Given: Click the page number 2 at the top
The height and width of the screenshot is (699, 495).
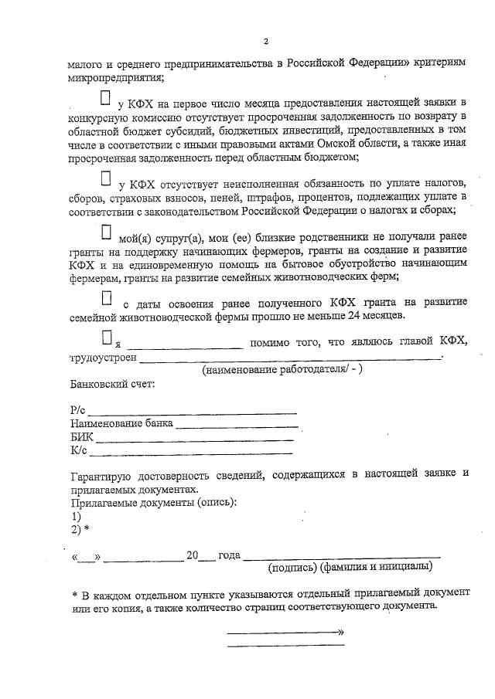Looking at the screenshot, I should [x=265, y=40].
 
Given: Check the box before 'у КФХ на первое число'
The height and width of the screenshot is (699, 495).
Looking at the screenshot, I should [x=105, y=99].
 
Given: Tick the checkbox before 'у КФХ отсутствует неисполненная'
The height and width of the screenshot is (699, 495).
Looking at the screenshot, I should [x=106, y=178].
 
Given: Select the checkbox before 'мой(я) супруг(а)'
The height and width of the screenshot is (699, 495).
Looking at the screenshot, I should [x=106, y=232].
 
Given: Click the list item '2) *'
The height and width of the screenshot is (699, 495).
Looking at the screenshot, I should [x=80, y=529].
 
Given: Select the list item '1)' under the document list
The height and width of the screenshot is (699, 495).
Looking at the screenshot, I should [x=76, y=516].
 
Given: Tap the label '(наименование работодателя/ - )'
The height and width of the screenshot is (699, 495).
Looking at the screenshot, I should [x=282, y=371].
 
